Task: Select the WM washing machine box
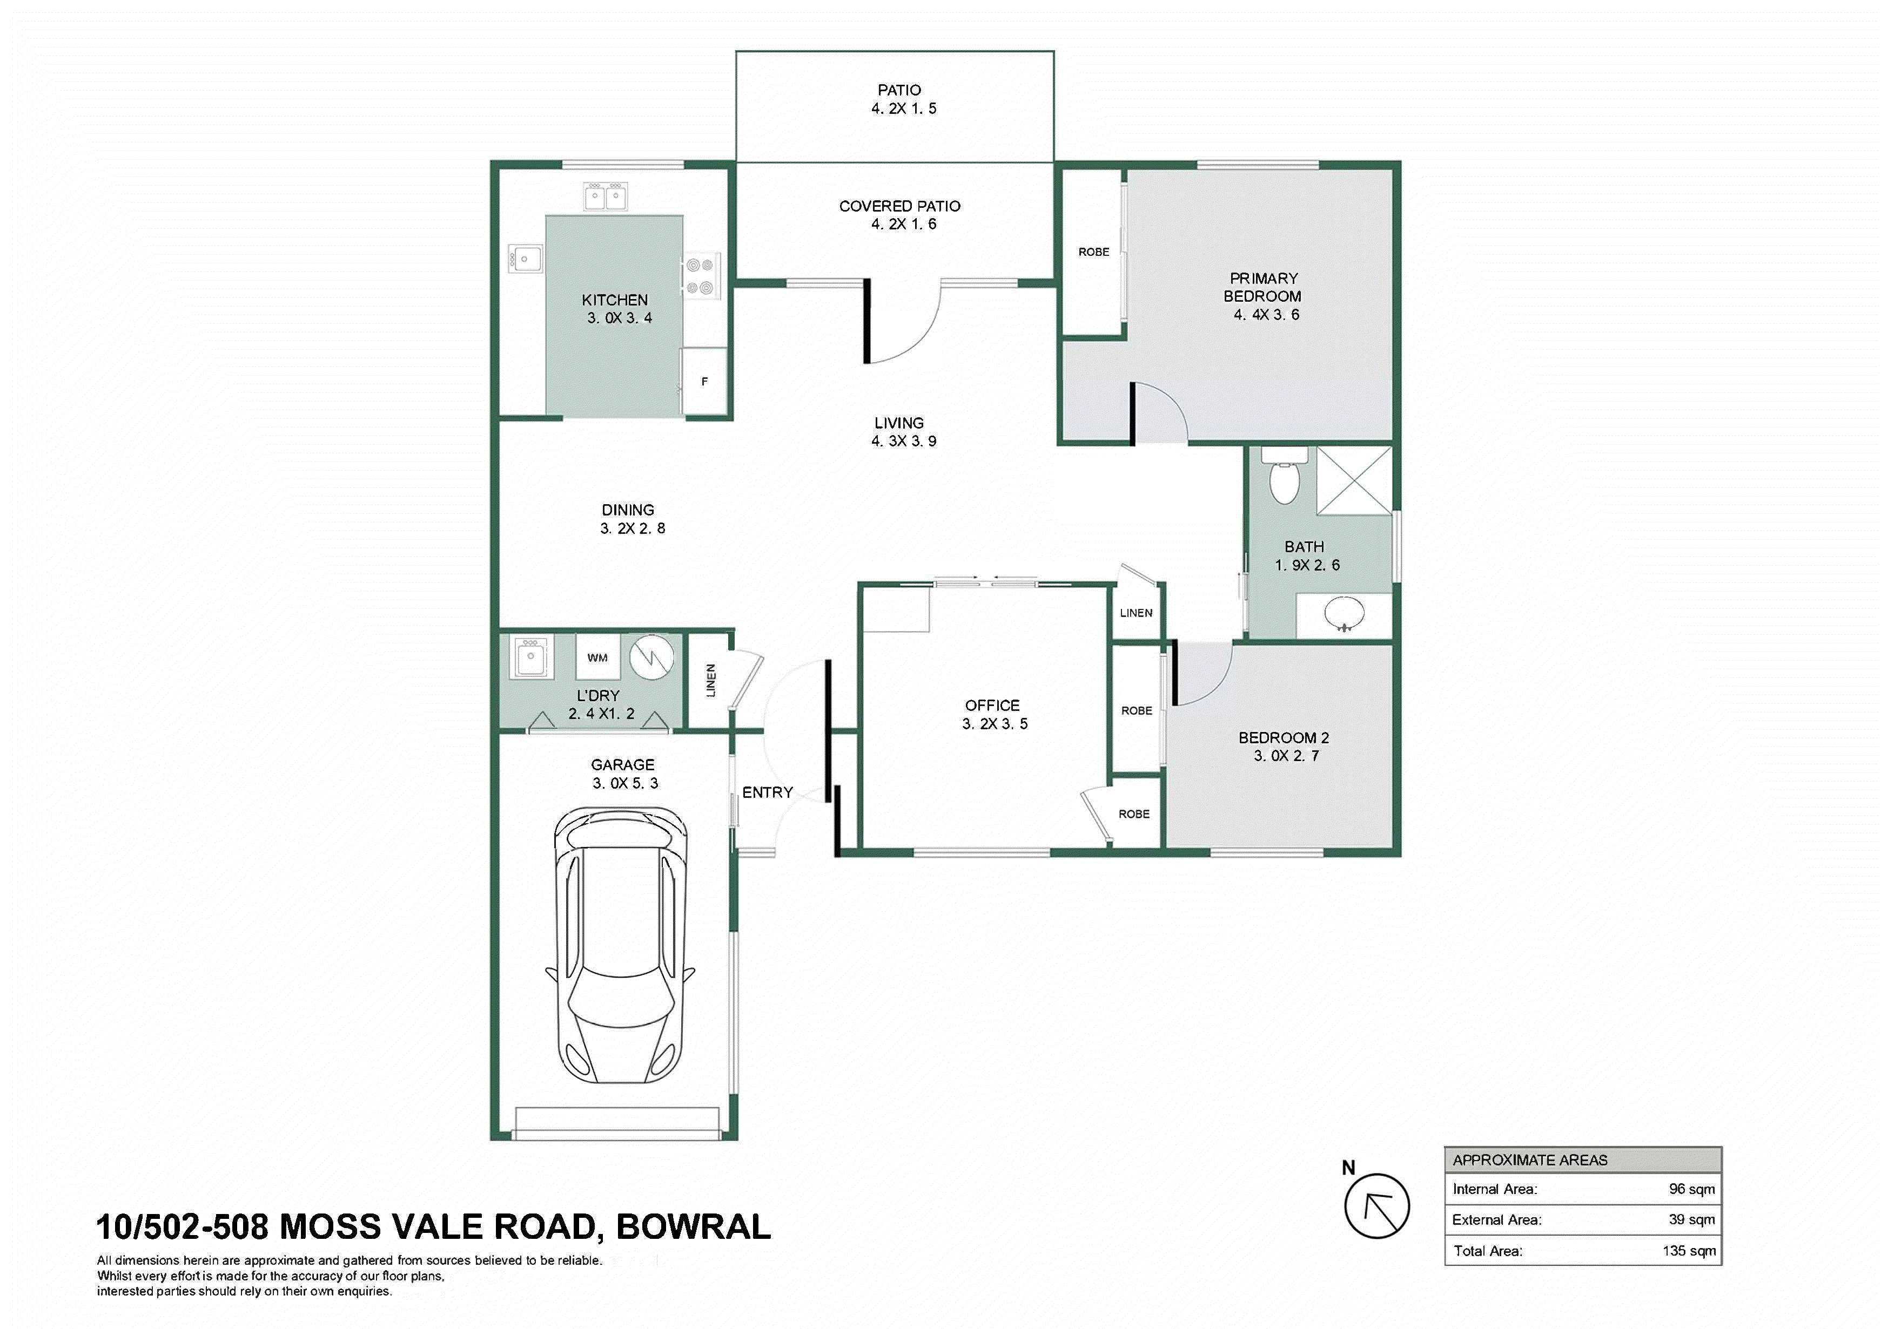598,657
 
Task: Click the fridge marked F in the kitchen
704,382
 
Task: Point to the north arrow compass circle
1377,1206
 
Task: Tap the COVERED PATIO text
899,206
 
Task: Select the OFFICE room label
992,705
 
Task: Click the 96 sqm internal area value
1691,1189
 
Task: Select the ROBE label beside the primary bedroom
1094,252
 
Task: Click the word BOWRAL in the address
693,1226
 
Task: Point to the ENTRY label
768,792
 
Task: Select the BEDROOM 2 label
1284,738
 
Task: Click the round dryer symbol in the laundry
652,657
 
